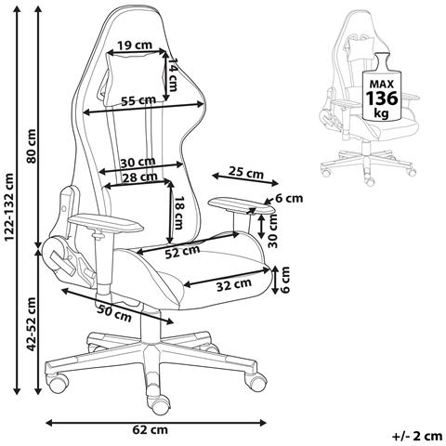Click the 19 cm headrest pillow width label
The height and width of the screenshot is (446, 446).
point(135,46)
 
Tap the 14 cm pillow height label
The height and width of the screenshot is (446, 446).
point(172,74)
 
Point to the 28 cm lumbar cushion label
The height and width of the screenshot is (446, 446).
point(139,177)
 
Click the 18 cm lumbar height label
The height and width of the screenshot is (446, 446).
point(178,213)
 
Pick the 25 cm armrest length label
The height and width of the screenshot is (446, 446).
point(245,172)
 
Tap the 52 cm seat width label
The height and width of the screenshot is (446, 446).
point(182,252)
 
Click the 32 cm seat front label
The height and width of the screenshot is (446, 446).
point(234,284)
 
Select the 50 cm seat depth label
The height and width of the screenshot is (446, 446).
point(114,312)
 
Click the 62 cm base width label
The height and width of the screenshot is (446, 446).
point(151,429)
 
